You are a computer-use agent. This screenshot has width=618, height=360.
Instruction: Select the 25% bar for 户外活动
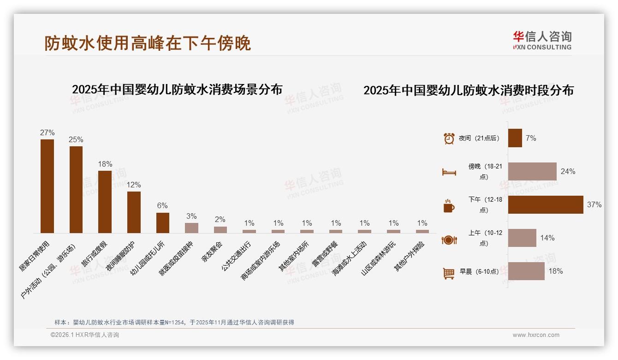[x=76, y=190]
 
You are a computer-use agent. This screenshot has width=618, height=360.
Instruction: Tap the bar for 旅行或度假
[x=105, y=202]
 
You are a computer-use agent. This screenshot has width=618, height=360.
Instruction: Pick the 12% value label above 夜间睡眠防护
[x=134, y=185]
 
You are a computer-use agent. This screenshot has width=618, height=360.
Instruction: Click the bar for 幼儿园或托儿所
[x=163, y=222]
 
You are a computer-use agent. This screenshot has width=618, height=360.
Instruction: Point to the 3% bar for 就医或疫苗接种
[x=191, y=228]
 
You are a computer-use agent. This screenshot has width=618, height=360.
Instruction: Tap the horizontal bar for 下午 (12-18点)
[x=546, y=204]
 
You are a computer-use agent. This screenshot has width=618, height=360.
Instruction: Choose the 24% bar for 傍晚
[x=532, y=171]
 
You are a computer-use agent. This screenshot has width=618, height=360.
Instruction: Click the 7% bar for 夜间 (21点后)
[x=515, y=138]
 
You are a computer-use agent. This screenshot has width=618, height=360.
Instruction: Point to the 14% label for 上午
[x=547, y=238]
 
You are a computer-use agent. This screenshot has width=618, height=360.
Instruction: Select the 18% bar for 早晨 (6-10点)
[x=526, y=271]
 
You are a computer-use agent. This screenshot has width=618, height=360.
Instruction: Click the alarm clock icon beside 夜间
[x=449, y=138]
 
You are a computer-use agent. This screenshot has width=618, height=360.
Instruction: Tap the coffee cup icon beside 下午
[x=449, y=205]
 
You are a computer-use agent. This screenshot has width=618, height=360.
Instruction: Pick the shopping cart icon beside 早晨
[x=449, y=273]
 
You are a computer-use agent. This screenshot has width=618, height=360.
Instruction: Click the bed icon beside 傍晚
[x=449, y=172]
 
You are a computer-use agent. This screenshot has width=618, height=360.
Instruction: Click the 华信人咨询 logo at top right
[x=542, y=40]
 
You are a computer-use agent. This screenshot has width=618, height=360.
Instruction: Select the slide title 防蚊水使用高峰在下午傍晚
[x=148, y=43]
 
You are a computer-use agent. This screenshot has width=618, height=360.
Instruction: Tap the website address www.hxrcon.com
[x=536, y=335]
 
